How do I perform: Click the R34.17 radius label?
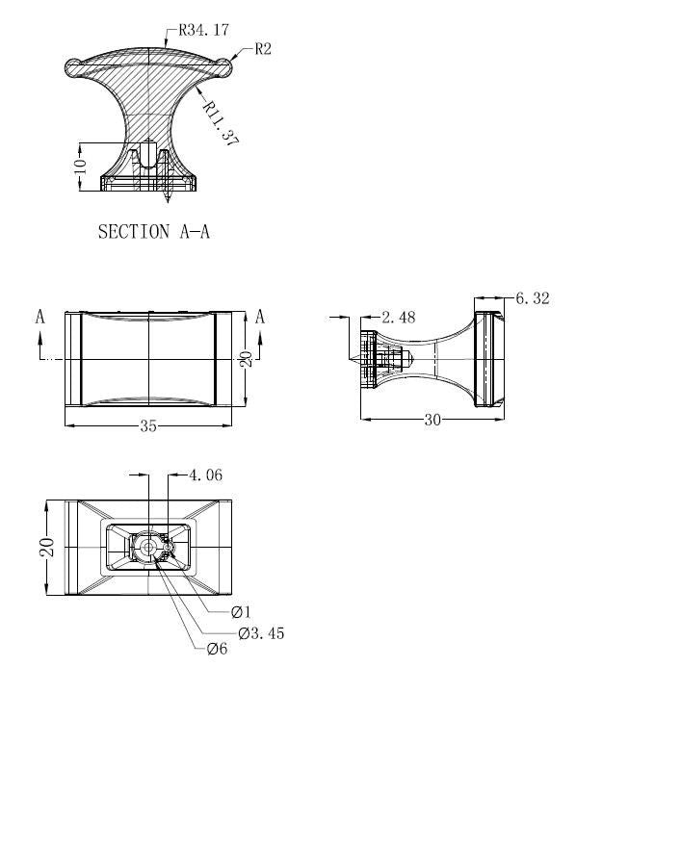pos(204,30)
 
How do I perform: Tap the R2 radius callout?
pos(263,49)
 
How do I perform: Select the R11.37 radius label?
pos(221,124)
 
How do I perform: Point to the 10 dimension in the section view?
pos(81,166)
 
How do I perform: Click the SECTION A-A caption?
pos(153,232)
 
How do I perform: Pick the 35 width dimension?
pos(148,425)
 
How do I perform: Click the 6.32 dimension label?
pos(533,298)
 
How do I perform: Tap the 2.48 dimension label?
pos(399,317)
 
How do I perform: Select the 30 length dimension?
pos(432,420)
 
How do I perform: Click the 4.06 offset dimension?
pos(205,475)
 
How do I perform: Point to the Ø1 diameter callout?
pos(241,612)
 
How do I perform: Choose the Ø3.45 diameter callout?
pos(261,633)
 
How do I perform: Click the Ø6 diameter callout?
pos(218,648)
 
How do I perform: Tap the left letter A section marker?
pos(40,317)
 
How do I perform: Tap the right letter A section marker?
pos(260,317)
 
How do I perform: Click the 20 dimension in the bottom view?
pos(47,548)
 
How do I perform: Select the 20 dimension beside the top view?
pos(246,359)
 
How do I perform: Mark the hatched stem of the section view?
pos(148,108)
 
